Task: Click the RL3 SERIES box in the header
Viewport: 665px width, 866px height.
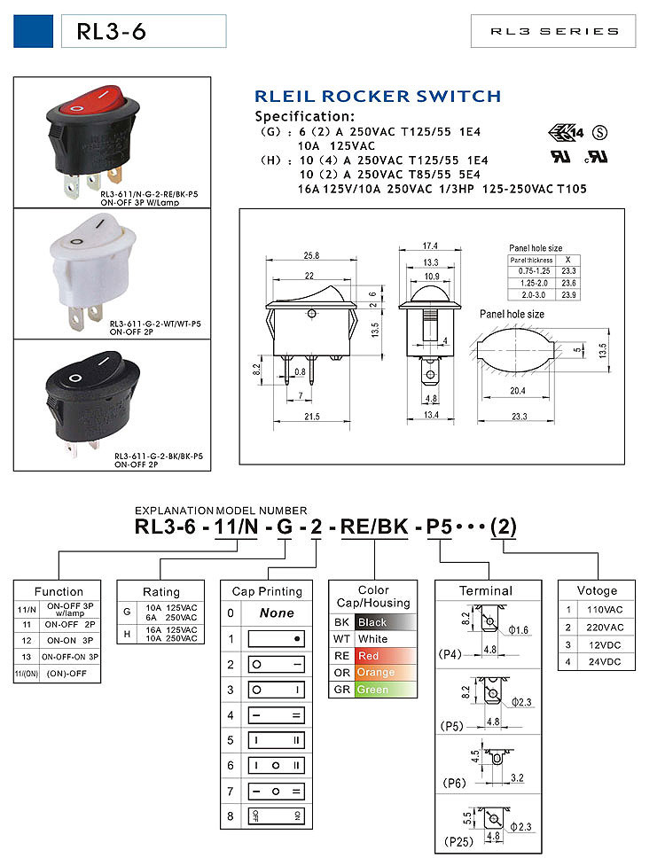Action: [x=554, y=31]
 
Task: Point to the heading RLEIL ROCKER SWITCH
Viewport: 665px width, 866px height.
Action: [x=378, y=96]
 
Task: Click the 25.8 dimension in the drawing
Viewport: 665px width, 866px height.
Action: [x=311, y=256]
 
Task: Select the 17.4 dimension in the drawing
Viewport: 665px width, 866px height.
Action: [x=430, y=245]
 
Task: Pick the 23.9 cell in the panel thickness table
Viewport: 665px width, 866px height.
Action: [x=568, y=293]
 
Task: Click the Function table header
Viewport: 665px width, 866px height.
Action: [x=59, y=591]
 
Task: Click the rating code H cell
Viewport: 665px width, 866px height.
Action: [x=127, y=634]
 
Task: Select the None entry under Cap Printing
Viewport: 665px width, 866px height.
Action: [x=277, y=612]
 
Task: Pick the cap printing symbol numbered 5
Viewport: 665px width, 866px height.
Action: [x=277, y=739]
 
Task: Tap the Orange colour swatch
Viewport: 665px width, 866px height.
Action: [x=382, y=672]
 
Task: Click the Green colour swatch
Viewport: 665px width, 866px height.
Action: [x=382, y=689]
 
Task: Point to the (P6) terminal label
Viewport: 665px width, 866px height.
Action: [x=453, y=783]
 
